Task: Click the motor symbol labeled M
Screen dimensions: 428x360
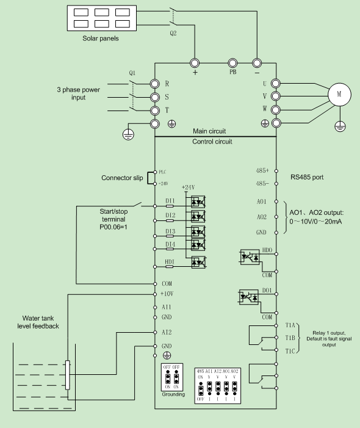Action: click(337, 94)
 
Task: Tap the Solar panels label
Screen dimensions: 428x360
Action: click(101, 38)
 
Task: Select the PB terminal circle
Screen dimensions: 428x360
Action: click(232, 63)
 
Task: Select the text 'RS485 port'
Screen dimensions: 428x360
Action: click(308, 177)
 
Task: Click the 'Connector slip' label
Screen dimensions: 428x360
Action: click(123, 178)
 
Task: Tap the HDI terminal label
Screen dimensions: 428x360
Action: click(170, 262)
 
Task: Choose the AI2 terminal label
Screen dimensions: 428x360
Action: click(166, 333)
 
